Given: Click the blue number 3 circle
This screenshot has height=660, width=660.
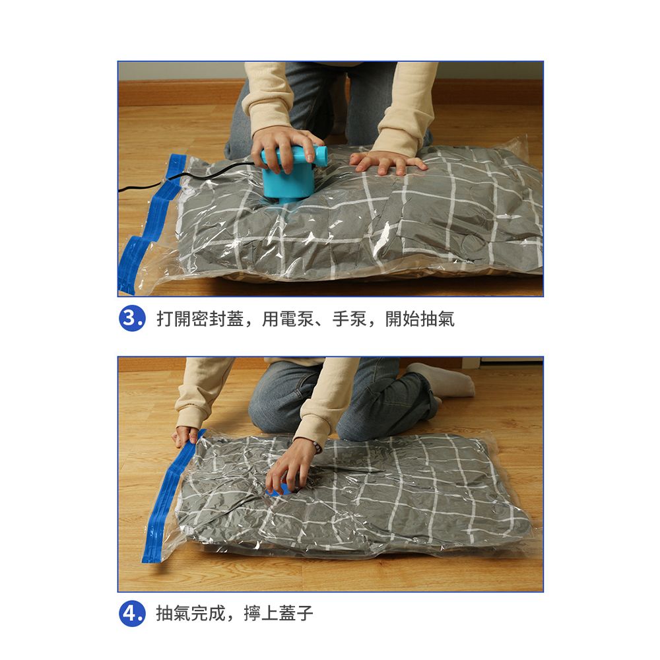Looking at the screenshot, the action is coord(132,319).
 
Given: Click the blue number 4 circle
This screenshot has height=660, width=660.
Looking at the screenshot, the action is coord(132,613).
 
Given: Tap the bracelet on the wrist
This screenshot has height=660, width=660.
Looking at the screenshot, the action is coord(317,446).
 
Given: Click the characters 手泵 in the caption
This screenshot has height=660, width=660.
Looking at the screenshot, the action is coord(349,319).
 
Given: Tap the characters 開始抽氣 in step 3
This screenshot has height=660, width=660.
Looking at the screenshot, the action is coord(420,319).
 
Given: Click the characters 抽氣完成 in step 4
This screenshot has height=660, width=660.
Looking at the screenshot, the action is coord(191,613).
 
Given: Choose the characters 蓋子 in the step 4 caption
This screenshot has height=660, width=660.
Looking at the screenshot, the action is coord(296,613).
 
